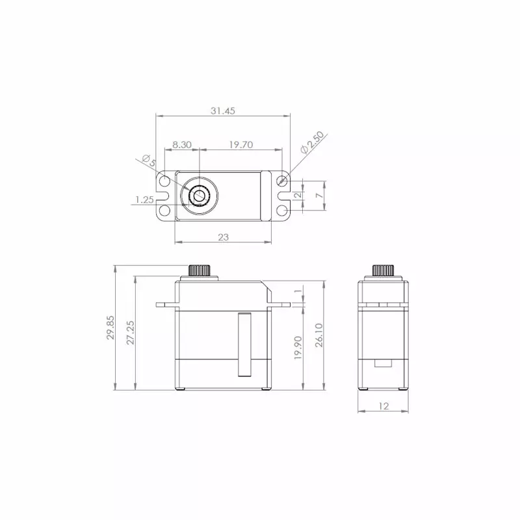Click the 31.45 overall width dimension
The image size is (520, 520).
222,110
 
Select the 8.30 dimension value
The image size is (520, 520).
181,145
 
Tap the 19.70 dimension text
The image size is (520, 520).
241,145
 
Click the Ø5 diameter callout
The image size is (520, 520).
148,160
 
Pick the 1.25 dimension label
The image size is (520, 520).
144,200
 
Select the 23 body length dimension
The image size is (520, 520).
223,238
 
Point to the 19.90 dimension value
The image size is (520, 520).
298,348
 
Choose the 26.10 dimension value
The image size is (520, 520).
319,335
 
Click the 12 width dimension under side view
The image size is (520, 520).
383,406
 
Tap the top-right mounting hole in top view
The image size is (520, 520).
282,180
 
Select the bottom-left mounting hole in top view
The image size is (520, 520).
165,210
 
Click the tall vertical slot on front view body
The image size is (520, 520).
244,344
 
